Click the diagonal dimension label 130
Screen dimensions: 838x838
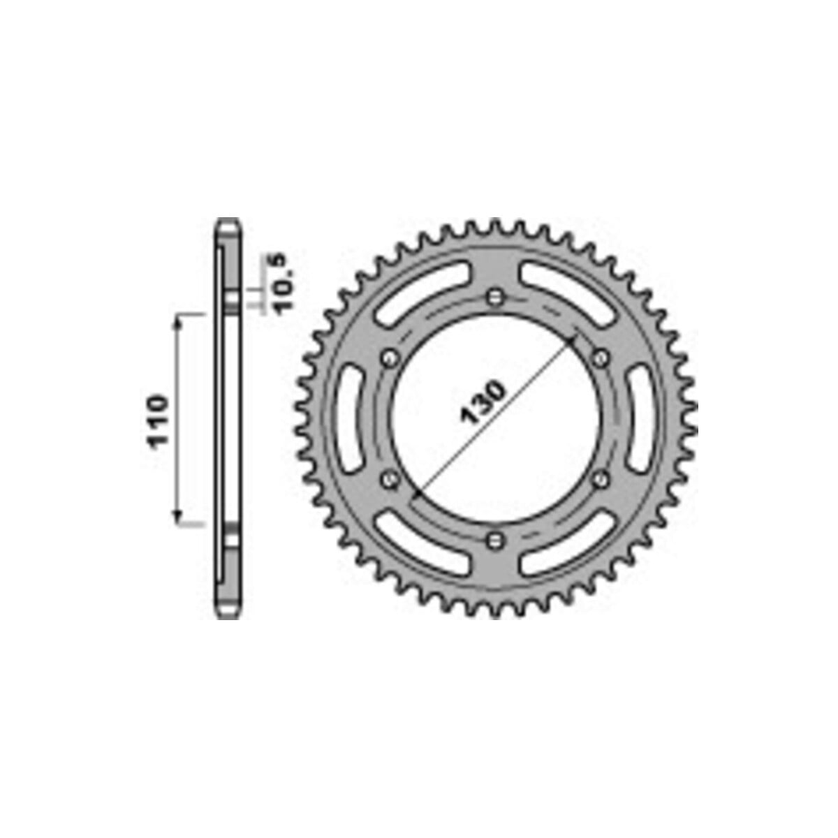point(483,402)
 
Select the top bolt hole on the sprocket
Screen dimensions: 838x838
point(494,297)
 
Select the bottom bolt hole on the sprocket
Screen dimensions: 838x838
point(494,541)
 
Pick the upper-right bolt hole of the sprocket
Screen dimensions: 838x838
point(601,358)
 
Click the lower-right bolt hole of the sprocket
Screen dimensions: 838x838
point(601,480)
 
